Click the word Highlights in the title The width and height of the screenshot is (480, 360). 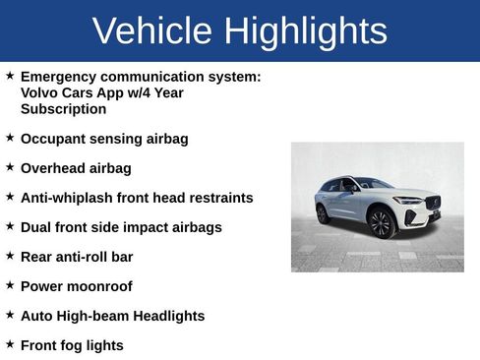click(x=304, y=31)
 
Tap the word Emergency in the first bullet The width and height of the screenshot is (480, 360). click(x=61, y=76)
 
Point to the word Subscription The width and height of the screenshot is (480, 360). click(x=63, y=109)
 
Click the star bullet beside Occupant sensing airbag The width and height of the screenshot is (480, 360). click(x=10, y=138)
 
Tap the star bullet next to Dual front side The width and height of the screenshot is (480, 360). click(x=10, y=226)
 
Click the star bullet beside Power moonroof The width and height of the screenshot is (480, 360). click(x=10, y=285)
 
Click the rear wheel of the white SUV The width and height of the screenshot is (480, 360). click(x=323, y=213)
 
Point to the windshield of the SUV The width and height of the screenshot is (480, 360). click(x=373, y=184)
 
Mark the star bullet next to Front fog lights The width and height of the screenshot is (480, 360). click(x=10, y=344)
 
